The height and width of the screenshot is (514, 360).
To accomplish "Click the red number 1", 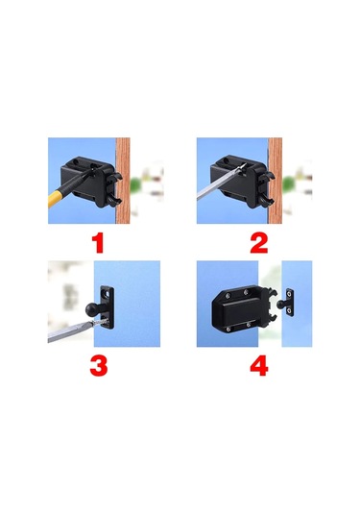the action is pos(97,243).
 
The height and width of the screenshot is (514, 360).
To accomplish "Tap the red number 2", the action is pos(259,243).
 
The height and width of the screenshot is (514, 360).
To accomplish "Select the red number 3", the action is pos(99,365).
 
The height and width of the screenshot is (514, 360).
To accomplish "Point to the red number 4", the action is pos(259,365).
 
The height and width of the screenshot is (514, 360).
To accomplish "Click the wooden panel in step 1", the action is pos(123,181).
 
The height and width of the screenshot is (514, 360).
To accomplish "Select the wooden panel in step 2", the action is pos(276,181).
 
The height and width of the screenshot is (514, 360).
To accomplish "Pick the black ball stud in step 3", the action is pos(92,308).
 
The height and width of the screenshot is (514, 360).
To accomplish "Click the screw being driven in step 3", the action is pos(102,323).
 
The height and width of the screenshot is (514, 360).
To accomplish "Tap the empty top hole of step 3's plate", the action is pos(107,291).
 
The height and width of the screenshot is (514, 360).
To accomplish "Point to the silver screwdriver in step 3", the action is pos(70,331).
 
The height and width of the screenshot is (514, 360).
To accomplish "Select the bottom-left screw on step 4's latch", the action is pos(228,329).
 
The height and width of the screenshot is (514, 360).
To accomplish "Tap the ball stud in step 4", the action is pos(279,305).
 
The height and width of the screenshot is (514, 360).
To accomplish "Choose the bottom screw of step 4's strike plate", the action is pos(289,310).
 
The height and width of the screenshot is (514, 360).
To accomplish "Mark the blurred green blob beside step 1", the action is pos(134,184).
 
